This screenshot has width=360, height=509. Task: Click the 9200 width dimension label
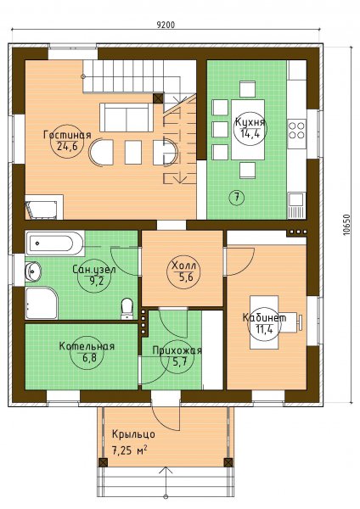(166, 25)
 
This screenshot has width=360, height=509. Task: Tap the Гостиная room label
(67, 135)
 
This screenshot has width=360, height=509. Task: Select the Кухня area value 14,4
(250, 134)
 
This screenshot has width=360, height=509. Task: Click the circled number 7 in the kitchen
(237, 197)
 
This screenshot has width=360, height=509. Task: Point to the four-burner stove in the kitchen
(296, 130)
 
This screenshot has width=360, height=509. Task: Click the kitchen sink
(296, 205)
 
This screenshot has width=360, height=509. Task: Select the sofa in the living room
(126, 117)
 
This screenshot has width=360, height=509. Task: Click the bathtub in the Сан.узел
(54, 243)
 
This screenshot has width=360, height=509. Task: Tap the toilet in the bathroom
(127, 309)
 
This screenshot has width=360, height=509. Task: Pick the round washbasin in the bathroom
(33, 271)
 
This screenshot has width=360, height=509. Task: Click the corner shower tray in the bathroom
(42, 303)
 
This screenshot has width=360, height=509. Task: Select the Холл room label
(183, 266)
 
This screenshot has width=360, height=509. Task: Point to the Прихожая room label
(177, 350)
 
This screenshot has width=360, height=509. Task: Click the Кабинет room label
(264, 317)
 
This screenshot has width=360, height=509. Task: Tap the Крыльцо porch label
(133, 434)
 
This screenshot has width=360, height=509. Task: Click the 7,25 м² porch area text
(130, 450)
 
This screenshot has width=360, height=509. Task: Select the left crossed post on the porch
(103, 462)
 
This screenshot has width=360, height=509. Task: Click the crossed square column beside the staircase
(158, 98)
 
